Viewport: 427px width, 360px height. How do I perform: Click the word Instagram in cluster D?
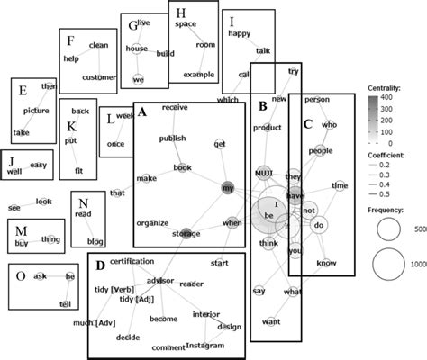pos(210,346)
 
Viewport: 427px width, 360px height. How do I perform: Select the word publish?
pos(172,139)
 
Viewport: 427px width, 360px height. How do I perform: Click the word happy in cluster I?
pos(239,34)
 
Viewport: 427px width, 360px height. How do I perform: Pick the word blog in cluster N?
pos(95,241)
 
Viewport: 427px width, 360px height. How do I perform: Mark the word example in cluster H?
pos(201,74)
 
